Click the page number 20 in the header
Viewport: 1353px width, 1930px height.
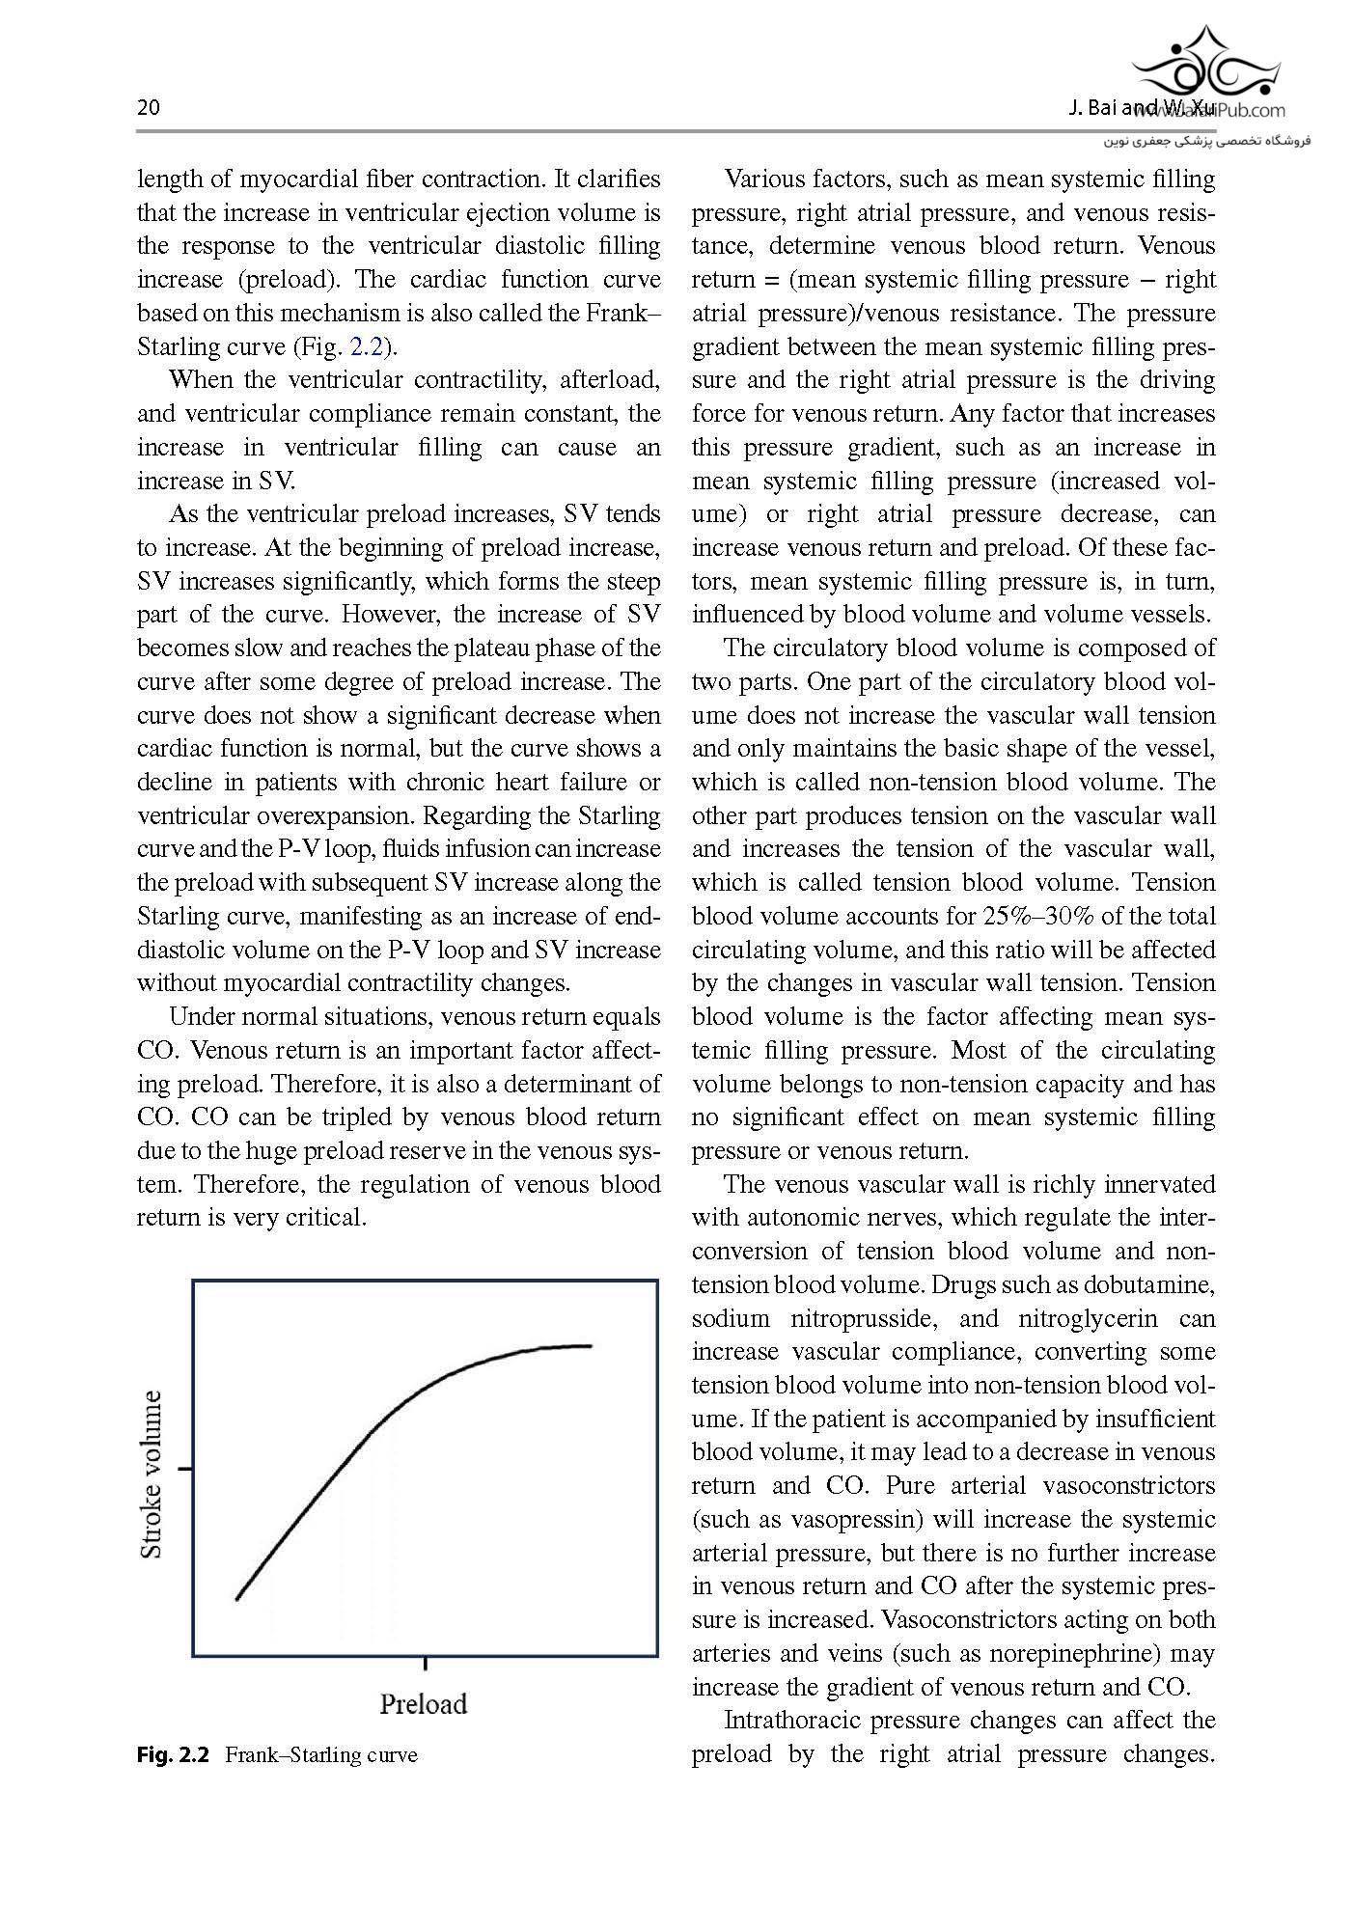click(149, 107)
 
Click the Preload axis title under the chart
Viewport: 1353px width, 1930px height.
click(423, 1703)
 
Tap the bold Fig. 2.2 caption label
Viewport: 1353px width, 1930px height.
click(173, 1754)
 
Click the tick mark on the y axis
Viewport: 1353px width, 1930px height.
click(184, 1470)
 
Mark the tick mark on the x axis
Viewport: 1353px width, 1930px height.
click(426, 1664)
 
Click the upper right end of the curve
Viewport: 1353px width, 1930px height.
click(589, 1346)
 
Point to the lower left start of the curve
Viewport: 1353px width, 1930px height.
click(237, 1599)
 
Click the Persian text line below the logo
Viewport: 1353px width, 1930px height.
click(1206, 142)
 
